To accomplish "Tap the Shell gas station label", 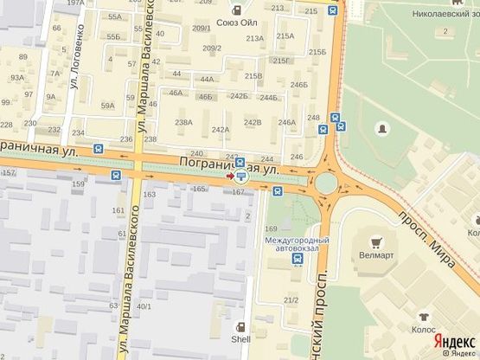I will (x=240, y=340).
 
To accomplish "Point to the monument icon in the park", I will (x=382, y=128).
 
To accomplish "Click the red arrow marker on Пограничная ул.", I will (x=228, y=177).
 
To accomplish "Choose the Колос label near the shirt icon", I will (x=424, y=329).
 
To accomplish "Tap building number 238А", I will (x=183, y=122).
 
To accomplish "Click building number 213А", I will (x=254, y=38).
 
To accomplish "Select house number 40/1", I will (x=144, y=306).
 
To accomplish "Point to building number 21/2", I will (x=291, y=299).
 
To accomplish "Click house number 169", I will (x=271, y=228).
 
